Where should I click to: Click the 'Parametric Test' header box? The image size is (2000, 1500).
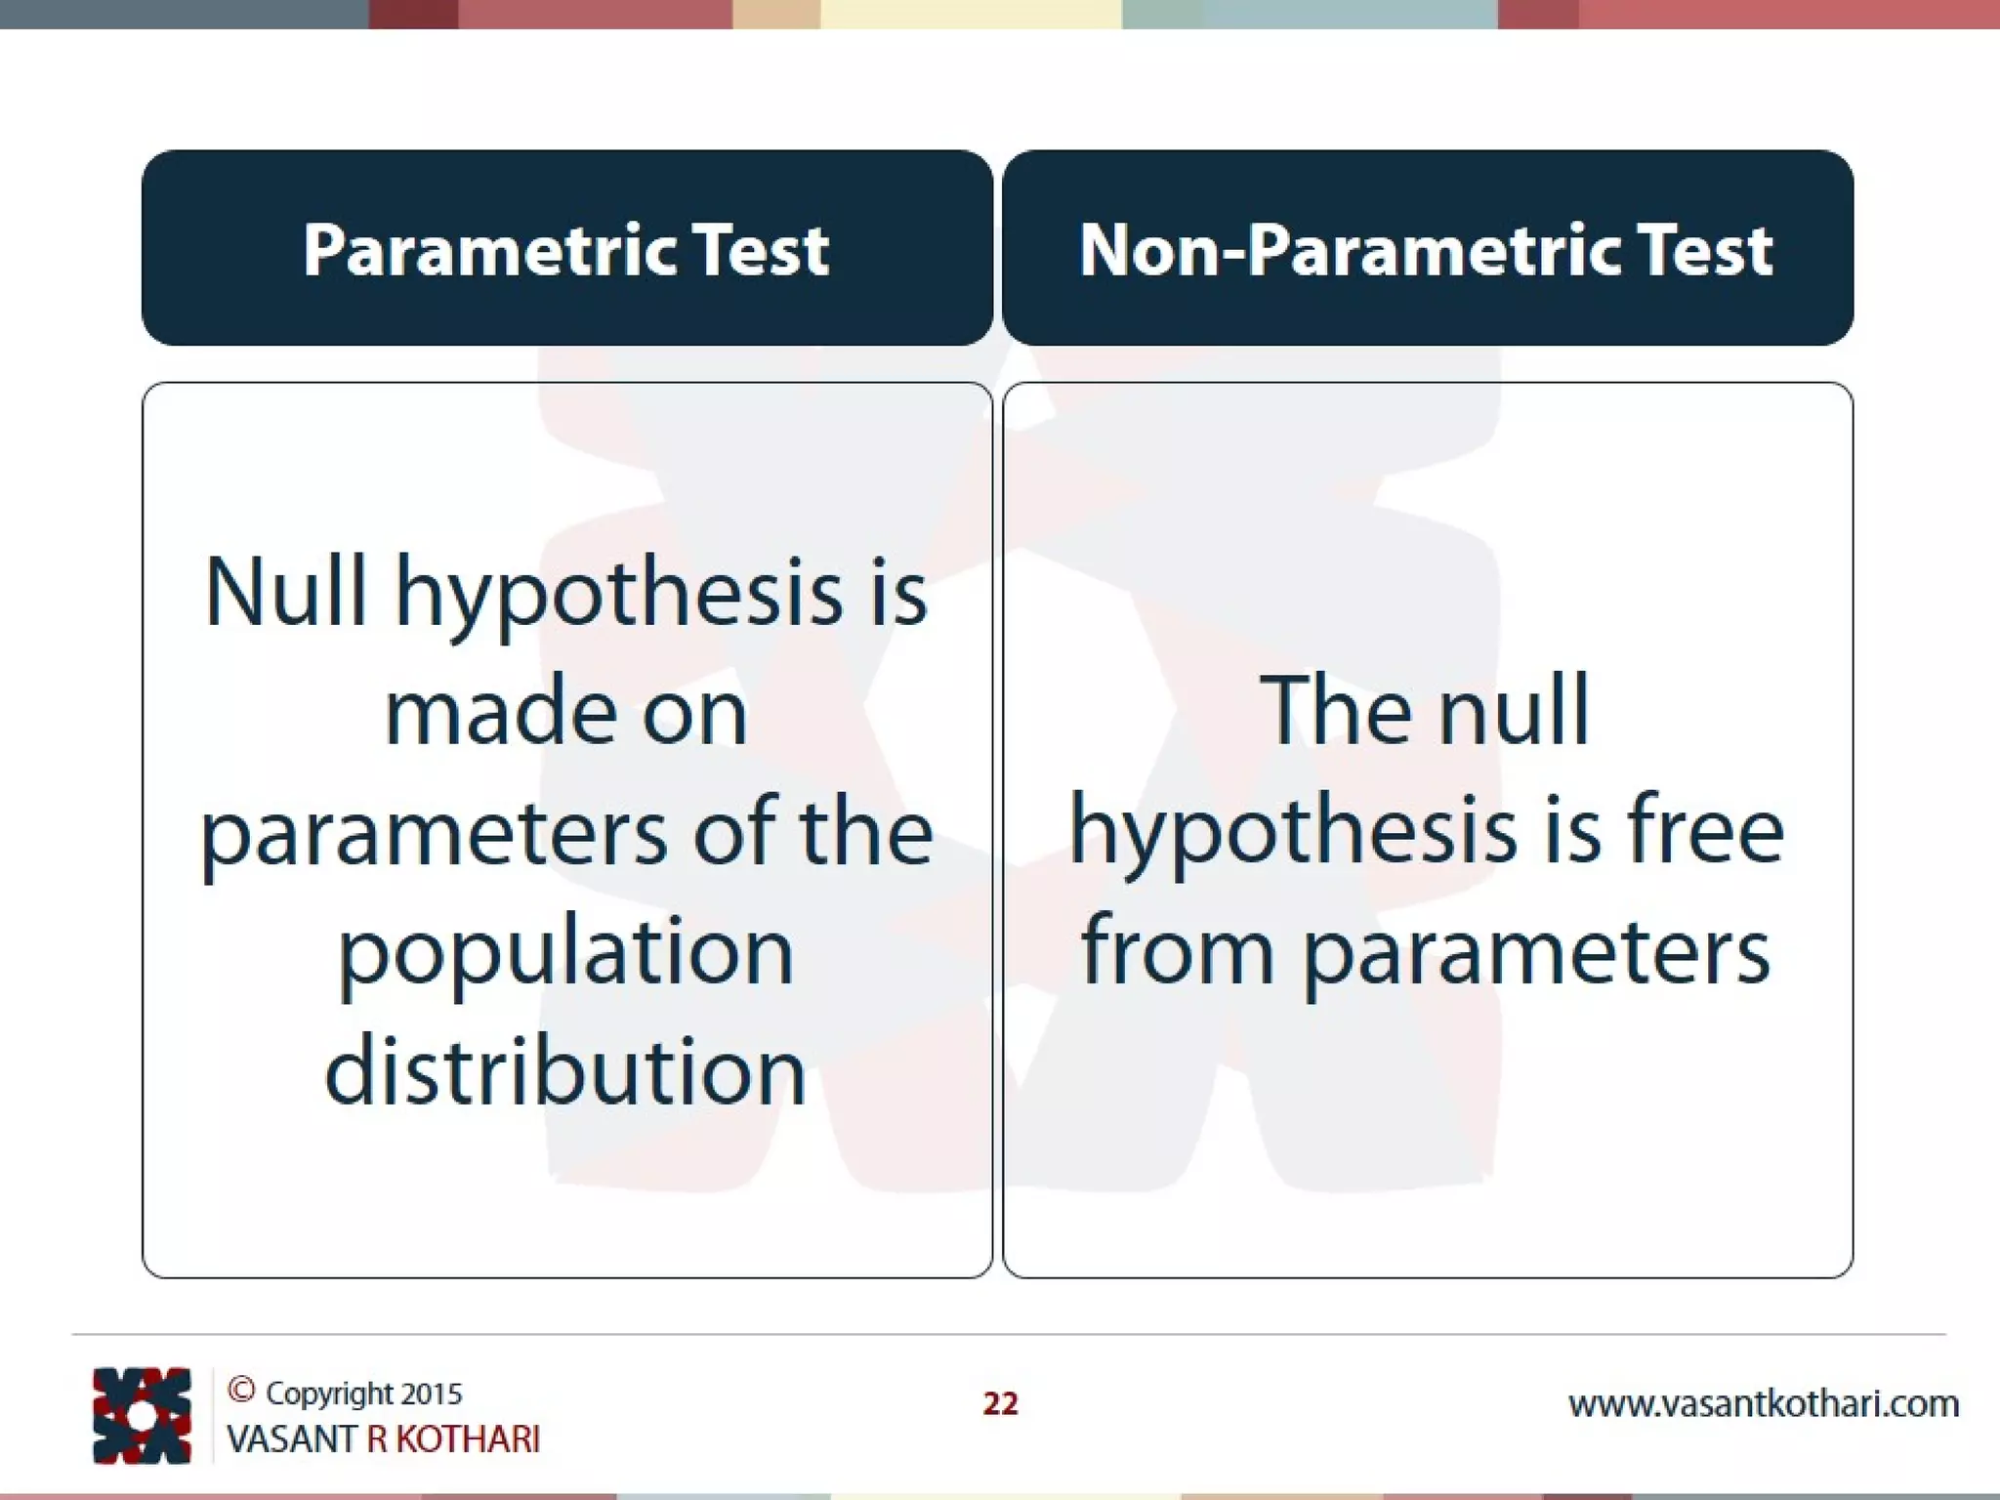(566, 248)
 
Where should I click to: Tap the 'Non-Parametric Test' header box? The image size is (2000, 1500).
(1427, 248)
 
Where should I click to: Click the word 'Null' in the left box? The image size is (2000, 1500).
(285, 591)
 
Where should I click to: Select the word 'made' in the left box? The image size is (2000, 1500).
(497, 712)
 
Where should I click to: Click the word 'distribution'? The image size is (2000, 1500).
(566, 1071)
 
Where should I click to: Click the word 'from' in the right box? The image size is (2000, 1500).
(1178, 951)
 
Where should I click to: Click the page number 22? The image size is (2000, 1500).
(1000, 1403)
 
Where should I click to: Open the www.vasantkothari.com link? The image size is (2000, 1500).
(1763, 1404)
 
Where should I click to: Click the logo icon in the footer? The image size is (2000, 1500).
(142, 1415)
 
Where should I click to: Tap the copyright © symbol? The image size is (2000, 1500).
(241, 1390)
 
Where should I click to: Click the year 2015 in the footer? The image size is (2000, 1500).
(431, 1394)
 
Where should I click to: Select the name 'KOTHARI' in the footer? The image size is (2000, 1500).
(468, 1439)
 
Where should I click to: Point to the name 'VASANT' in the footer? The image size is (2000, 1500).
(291, 1439)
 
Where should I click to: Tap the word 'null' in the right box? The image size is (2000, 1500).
(1514, 710)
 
